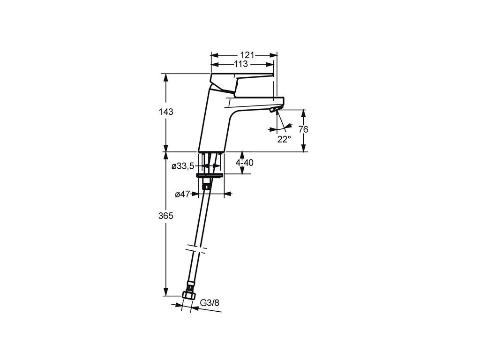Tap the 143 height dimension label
coord(166,112)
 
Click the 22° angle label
coord(283,139)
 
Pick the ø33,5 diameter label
coord(183,166)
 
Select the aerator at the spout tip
coord(275,110)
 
